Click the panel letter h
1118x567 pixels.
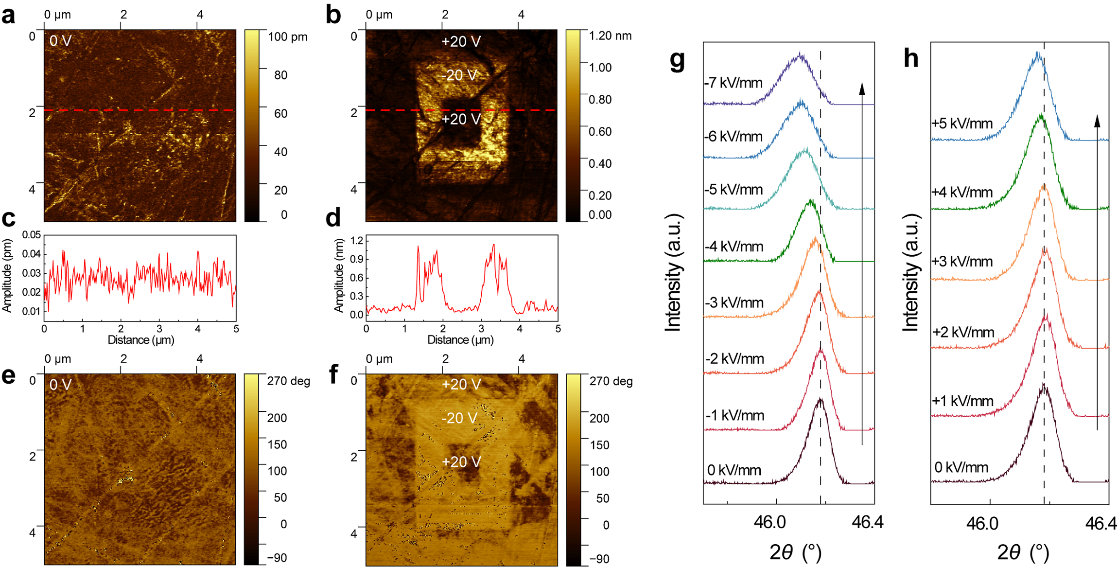[910, 59]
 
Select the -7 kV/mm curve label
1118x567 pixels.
[733, 83]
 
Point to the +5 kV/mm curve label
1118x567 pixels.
[962, 124]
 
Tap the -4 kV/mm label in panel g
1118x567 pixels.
[734, 247]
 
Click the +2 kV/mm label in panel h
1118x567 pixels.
[963, 333]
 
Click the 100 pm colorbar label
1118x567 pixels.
[288, 37]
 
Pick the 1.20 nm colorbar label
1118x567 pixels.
[610, 35]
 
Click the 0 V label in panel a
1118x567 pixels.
[60, 41]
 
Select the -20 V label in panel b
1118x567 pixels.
[459, 75]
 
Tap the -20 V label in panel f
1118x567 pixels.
[459, 418]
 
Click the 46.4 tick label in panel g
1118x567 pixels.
[867, 522]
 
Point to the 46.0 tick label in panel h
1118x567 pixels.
[982, 524]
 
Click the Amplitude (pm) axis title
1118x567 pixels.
[7, 275]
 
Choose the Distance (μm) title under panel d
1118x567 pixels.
[460, 340]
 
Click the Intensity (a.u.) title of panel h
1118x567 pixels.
[911, 272]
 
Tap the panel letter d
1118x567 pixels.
[333, 217]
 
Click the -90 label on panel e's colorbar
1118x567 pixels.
[277, 558]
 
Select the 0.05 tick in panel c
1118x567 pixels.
[32, 235]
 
